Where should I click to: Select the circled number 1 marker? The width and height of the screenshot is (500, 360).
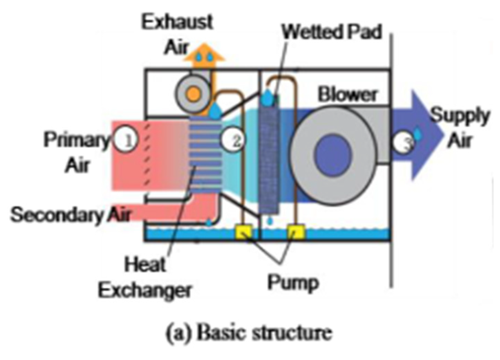tap(126, 140)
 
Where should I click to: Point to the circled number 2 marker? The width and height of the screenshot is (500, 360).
tap(234, 140)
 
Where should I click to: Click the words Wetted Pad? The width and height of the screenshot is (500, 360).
tap(332, 32)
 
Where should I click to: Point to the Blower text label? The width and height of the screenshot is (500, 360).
tap(347, 94)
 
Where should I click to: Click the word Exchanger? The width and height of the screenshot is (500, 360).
tap(145, 290)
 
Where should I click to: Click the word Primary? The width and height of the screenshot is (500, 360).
tap(76, 140)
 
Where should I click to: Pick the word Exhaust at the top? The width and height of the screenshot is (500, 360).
tap(177, 22)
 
